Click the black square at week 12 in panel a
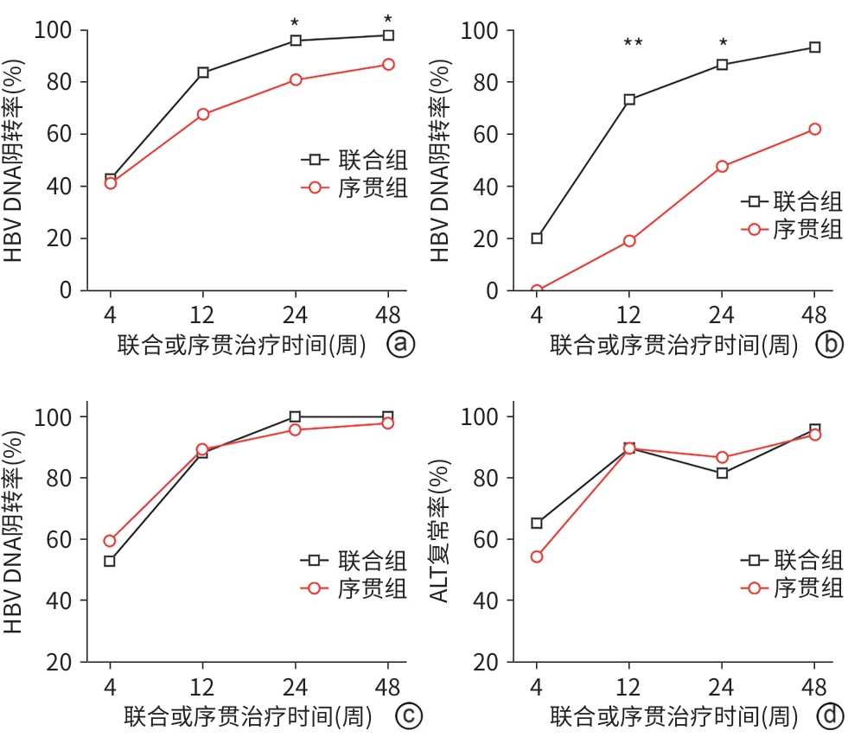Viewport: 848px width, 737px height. (203, 73)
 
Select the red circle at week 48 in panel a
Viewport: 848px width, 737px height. (388, 65)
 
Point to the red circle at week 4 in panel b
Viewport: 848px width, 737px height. (537, 291)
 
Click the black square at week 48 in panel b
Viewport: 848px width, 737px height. (814, 48)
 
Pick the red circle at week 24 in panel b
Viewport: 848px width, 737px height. (722, 167)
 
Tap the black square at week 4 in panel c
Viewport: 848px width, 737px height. (110, 562)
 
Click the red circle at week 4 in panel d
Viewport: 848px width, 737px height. (537, 557)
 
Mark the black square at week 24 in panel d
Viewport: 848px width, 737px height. (722, 473)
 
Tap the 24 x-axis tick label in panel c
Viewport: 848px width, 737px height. (295, 687)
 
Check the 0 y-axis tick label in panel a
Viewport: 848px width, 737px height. (66, 291)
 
